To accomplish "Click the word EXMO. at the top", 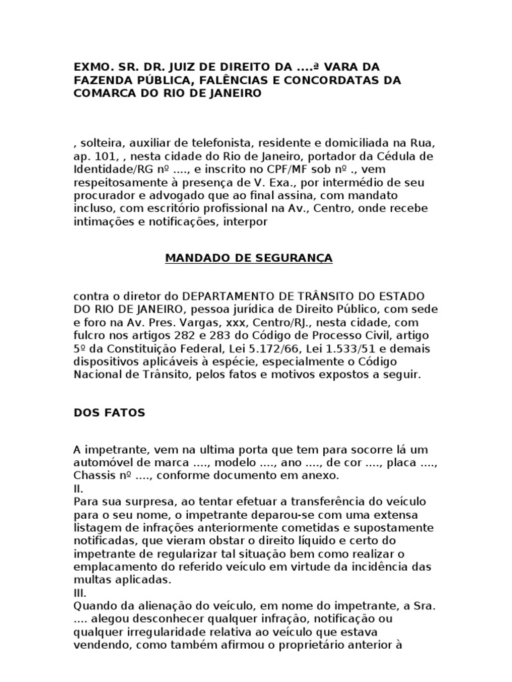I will [x=92, y=67].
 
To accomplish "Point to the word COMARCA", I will [x=100, y=94].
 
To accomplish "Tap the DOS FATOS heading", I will [x=109, y=412].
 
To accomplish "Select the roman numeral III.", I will [x=79, y=592].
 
